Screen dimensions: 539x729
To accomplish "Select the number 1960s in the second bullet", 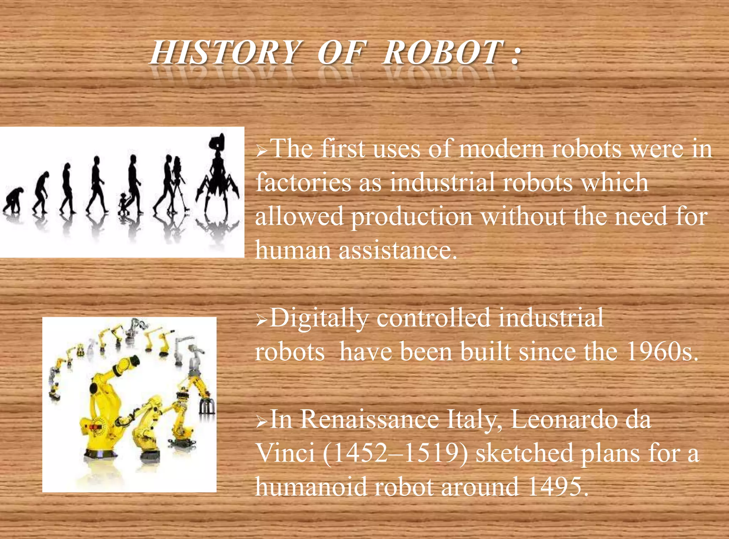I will tap(661, 352).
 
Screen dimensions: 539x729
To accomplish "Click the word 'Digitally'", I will tap(319, 318).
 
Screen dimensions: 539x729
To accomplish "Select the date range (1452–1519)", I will tap(395, 453).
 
